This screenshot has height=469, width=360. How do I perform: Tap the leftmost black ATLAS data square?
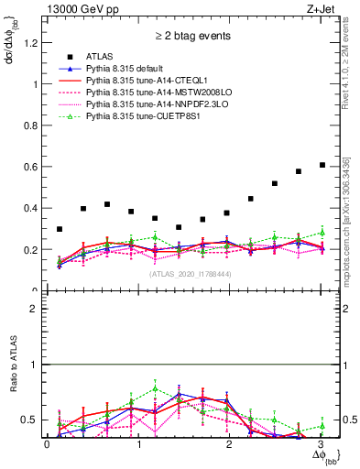click(60, 229)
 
